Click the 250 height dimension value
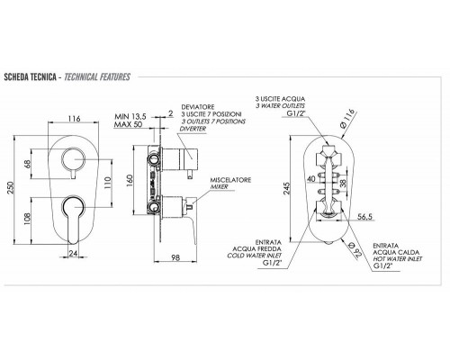click(x=11, y=188)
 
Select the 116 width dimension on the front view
click(x=74, y=119)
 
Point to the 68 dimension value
click(x=28, y=165)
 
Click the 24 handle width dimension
click(x=73, y=254)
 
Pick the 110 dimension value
click(x=107, y=182)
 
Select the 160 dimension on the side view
click(x=130, y=180)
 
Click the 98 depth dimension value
click(x=175, y=257)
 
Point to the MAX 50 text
click(x=129, y=124)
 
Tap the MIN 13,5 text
click(x=130, y=116)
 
